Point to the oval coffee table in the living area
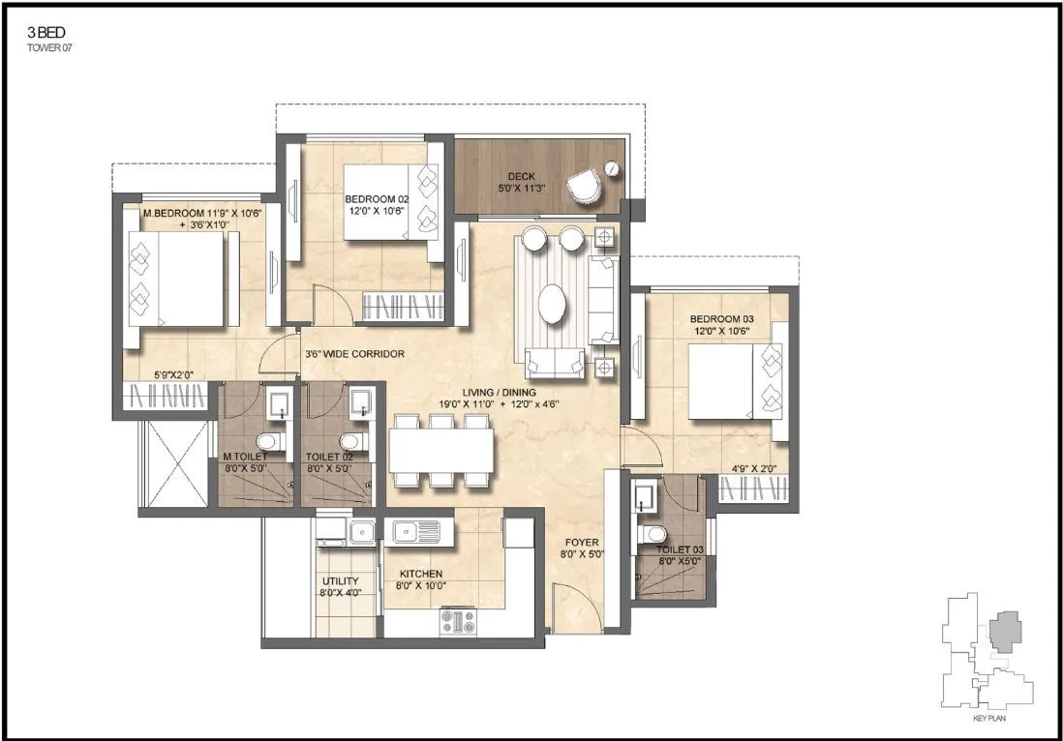[554, 304]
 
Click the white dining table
[441, 450]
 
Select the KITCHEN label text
[421, 574]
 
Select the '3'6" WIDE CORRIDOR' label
[354, 354]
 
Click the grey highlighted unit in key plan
[1008, 630]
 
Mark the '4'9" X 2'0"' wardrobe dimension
[753, 469]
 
